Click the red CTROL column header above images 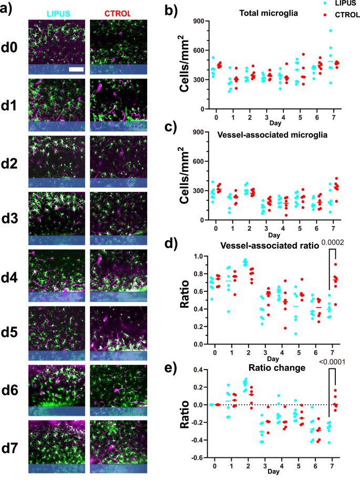click(x=118, y=10)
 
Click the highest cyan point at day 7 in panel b click(x=330, y=31)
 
